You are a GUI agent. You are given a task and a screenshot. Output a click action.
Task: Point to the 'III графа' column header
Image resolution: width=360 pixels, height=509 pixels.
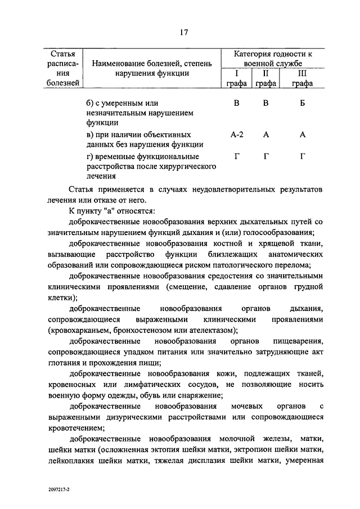point(302,78)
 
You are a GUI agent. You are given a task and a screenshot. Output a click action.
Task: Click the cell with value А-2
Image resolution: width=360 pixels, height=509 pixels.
point(237,135)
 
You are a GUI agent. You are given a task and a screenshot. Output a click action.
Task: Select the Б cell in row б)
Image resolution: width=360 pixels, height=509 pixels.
point(302,103)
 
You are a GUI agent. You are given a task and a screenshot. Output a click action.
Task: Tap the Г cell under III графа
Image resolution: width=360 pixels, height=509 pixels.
point(302,156)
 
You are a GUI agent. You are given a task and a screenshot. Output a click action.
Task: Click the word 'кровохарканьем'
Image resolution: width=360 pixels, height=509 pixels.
point(96,330)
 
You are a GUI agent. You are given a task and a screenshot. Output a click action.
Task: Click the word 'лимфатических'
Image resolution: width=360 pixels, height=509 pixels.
point(159,384)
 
